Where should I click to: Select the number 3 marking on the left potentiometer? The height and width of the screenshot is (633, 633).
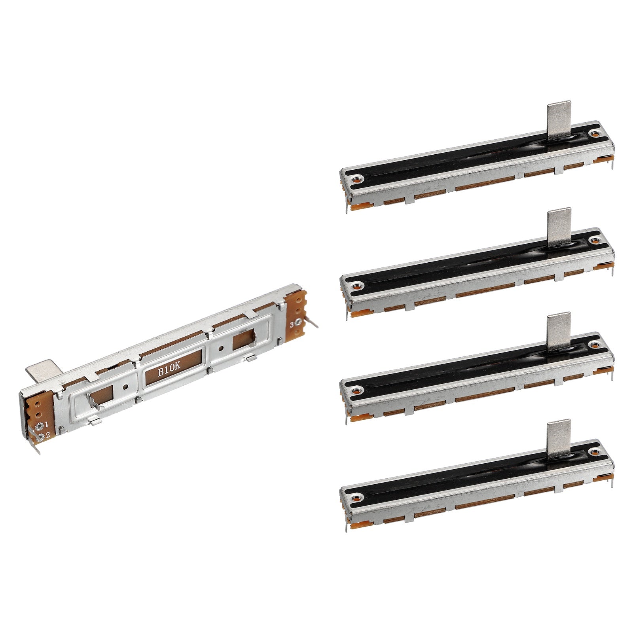292,324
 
